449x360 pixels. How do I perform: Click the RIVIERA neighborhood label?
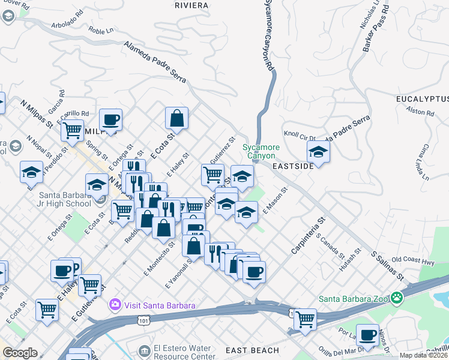coord(191,5)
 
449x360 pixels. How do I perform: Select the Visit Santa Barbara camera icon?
coord(115,305)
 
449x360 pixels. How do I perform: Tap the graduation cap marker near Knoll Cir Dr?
coord(318,152)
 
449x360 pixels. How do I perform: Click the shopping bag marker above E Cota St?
coord(177,118)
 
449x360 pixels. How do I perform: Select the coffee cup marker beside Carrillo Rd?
coord(110,119)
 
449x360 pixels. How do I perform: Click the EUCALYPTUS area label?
coord(422,98)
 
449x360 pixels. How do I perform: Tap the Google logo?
coord(20,353)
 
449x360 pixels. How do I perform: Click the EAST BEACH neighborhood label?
coord(252,350)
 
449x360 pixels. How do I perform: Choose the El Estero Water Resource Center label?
coord(183,352)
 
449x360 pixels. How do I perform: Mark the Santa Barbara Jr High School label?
coord(65,199)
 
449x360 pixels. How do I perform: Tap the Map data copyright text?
coord(423,355)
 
